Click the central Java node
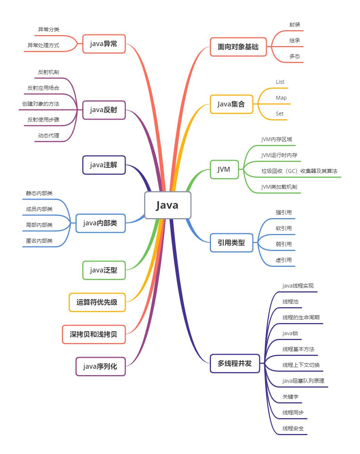click(x=168, y=205)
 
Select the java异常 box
click(x=104, y=44)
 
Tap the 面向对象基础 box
click(x=238, y=47)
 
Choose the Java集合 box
click(x=231, y=104)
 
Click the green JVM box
click(x=224, y=169)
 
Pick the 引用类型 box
click(x=231, y=243)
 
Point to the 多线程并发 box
click(x=235, y=363)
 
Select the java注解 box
click(x=104, y=165)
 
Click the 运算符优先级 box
click(x=97, y=302)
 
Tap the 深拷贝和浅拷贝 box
click(x=94, y=334)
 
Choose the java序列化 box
click(x=100, y=366)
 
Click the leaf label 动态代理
click(x=49, y=135)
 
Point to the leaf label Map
click(x=281, y=98)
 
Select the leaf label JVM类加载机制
click(x=279, y=187)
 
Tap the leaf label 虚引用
click(x=284, y=260)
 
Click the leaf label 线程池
click(x=290, y=302)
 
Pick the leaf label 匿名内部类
click(x=39, y=241)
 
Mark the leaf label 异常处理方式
click(x=43, y=45)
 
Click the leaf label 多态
click(x=295, y=56)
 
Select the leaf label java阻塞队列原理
click(x=303, y=381)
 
